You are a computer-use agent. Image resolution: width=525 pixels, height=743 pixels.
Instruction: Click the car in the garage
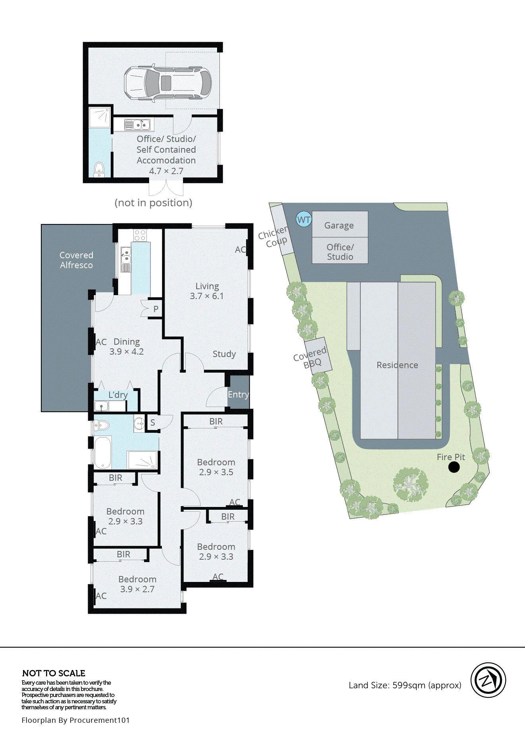167,83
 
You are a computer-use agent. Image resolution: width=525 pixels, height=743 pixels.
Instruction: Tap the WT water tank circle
304,219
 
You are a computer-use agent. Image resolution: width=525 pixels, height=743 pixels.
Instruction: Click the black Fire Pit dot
454,467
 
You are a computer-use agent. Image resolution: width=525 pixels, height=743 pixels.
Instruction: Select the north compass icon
488,680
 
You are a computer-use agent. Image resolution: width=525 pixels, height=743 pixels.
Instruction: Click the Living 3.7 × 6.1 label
207,291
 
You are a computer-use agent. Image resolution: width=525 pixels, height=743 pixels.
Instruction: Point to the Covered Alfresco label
76,260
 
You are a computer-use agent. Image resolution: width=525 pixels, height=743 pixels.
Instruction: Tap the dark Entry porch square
238,392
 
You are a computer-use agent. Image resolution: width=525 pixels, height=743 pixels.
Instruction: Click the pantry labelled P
156,309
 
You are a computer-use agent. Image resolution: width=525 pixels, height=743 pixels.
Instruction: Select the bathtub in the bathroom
103,452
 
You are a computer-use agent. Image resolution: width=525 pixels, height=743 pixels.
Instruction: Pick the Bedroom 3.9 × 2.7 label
137,584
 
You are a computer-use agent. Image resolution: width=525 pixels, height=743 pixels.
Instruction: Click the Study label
224,354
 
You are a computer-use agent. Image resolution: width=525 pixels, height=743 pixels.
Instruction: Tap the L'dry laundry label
118,395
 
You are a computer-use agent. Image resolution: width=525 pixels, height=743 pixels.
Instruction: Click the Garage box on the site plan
339,225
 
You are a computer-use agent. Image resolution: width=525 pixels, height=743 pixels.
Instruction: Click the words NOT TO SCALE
54,673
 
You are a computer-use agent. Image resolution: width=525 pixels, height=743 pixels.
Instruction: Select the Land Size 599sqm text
405,685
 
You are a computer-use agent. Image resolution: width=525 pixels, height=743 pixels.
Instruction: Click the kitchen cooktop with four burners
140,236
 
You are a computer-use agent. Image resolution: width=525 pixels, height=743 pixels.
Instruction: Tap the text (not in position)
153,203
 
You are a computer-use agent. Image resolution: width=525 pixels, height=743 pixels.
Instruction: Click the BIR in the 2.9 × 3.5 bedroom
216,421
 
